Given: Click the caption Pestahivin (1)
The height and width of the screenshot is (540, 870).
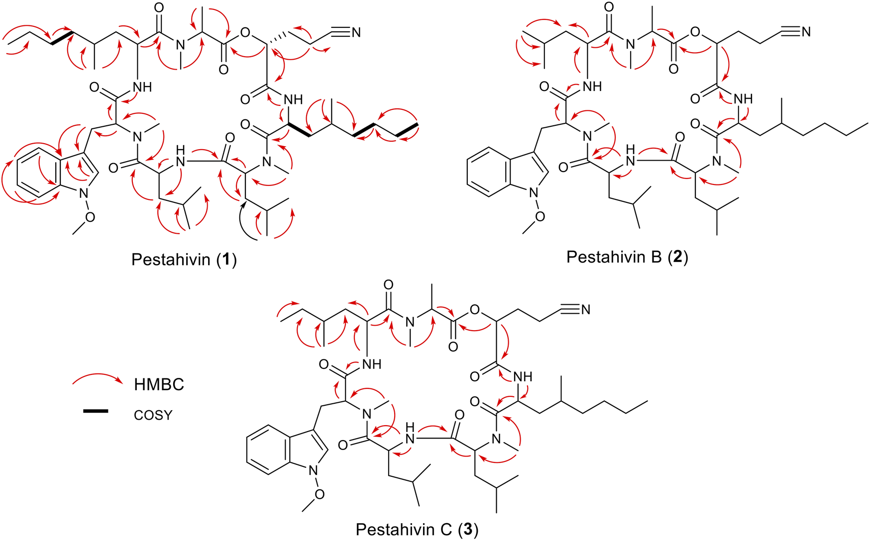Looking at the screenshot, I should (184, 260).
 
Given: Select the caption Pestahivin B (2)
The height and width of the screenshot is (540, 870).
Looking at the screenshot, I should (627, 257).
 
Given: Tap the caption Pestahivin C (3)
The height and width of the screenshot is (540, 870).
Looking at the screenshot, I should (417, 530).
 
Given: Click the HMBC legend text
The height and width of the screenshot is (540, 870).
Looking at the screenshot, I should (159, 384).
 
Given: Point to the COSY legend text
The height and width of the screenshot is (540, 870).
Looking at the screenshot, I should (153, 415).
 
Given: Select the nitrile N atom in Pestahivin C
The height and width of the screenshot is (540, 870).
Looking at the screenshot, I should (585, 310).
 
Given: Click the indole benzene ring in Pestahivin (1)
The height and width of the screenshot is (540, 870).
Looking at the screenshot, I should (36, 177).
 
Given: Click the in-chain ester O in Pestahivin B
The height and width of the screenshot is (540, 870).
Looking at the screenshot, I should (695, 33).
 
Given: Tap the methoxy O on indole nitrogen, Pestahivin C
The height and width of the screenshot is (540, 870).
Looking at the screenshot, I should (319, 493).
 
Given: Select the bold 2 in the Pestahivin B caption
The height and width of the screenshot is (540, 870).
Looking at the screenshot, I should (677, 257).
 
